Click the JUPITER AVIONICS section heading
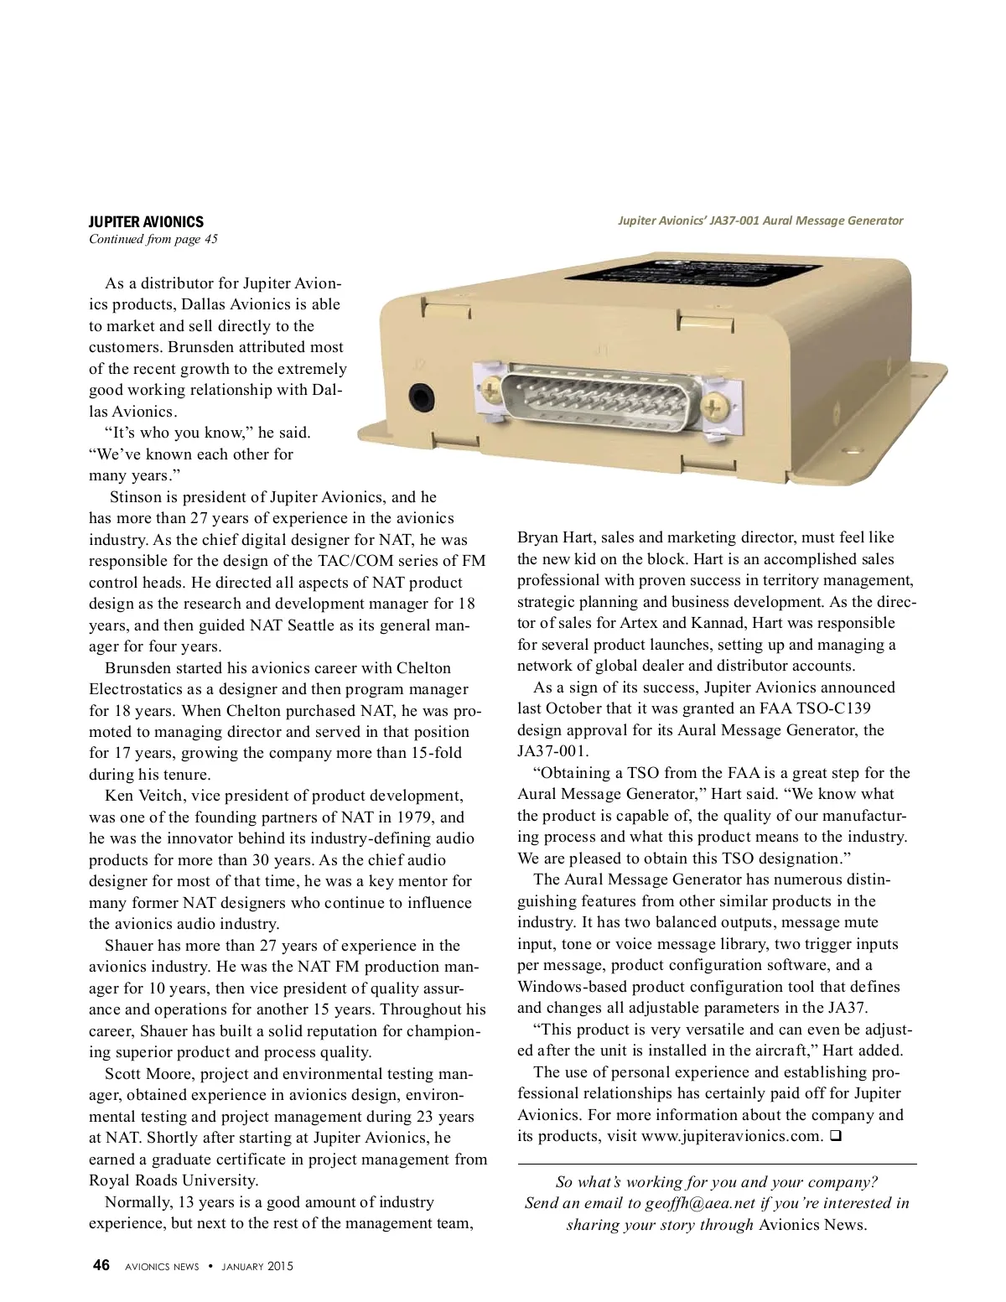tap(146, 221)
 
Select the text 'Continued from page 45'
tap(153, 240)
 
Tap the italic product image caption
tap(760, 220)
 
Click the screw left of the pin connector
tap(490, 387)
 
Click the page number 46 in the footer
tap(101, 1266)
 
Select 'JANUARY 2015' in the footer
tap(257, 1267)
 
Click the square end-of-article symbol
tap(835, 1137)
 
